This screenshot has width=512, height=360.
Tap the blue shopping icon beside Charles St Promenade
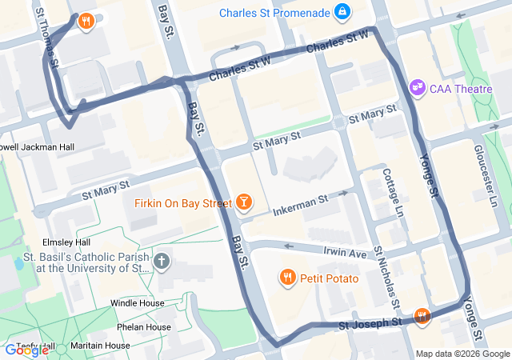[342, 11]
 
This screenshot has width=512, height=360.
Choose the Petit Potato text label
[330, 278]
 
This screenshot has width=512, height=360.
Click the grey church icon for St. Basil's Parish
[162, 261]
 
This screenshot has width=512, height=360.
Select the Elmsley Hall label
[66, 242]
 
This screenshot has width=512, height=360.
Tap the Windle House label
[137, 303]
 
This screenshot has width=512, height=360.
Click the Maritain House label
[100, 346]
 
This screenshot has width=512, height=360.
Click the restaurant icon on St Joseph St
[422, 317]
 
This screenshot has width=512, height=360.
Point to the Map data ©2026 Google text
[462, 354]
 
